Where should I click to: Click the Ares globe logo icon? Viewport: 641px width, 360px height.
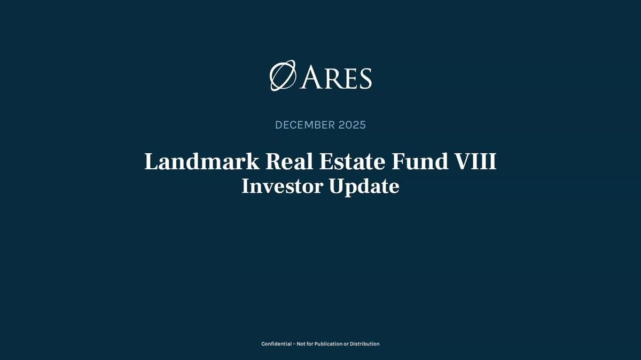[283, 76]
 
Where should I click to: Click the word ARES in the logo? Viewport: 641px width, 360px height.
[336, 78]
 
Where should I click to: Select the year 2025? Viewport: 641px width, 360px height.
[352, 125]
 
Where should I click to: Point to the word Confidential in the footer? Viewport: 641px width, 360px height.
[276, 344]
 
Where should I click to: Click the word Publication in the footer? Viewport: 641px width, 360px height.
[328, 344]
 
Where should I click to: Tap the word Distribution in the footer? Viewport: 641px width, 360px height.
[364, 344]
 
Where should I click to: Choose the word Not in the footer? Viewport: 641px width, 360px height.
[301, 344]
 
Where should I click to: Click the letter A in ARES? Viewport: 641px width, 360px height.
[311, 78]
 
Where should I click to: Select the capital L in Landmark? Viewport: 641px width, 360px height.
[151, 162]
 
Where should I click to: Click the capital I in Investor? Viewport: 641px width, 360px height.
[246, 186]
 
